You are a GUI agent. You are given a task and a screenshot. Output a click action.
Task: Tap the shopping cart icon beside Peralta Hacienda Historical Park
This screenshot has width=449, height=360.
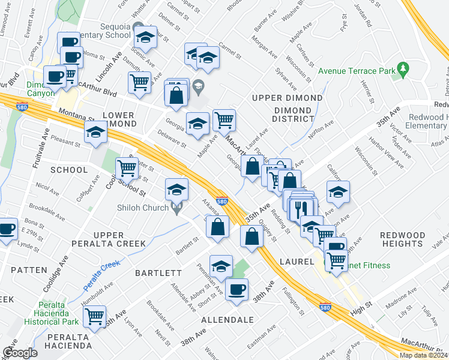(95, 316)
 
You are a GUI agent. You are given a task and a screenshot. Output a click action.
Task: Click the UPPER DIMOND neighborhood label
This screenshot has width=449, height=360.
(287, 98)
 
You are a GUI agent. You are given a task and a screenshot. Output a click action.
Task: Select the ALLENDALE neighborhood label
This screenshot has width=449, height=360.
(228, 320)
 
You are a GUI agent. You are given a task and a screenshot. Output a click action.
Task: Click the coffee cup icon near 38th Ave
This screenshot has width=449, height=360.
(237, 289)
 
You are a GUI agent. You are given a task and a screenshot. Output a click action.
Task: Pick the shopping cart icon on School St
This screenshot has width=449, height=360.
(127, 169)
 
